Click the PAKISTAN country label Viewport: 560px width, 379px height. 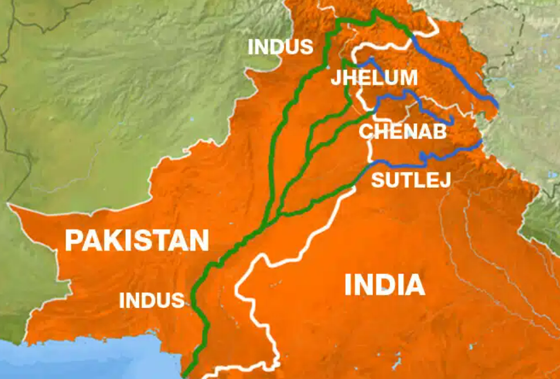point(137,240)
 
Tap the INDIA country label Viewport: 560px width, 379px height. point(384,285)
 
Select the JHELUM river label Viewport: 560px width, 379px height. point(374,78)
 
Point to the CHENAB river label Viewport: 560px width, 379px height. point(403,131)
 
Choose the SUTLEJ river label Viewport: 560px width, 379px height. point(411,180)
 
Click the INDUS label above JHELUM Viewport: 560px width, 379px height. point(281,47)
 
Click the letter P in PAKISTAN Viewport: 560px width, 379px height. point(73,240)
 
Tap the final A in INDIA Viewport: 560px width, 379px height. point(414,285)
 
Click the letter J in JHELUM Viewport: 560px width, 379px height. point(336,78)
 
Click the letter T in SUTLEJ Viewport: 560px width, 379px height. point(405,180)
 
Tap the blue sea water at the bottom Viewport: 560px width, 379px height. point(87,363)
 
